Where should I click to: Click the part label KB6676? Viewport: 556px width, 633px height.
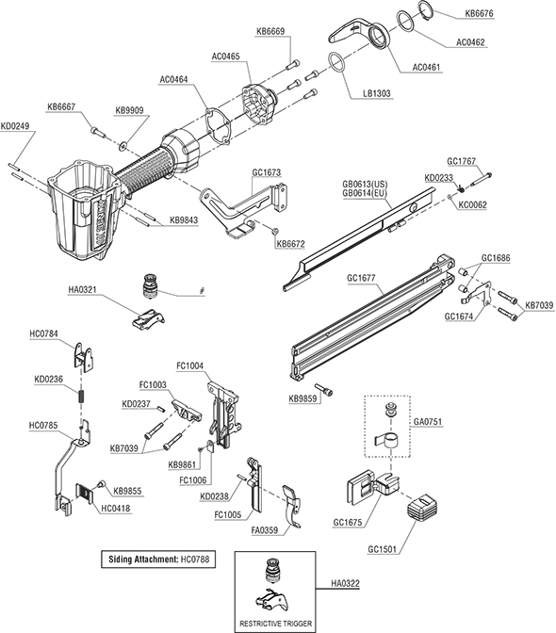coord(479,13)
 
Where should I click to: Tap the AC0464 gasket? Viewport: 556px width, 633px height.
coord(219,125)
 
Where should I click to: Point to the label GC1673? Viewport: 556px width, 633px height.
coord(267,172)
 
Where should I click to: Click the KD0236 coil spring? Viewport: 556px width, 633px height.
coord(81,397)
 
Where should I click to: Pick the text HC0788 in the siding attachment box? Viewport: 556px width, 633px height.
coord(195,560)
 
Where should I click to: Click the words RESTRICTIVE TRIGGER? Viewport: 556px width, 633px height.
coord(275,624)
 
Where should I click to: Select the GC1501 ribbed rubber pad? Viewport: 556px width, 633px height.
coord(422,508)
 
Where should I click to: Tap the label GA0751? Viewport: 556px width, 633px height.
coord(428,422)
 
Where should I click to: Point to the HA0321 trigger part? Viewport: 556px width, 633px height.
coord(148,319)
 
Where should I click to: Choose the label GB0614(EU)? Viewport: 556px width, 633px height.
coord(365,193)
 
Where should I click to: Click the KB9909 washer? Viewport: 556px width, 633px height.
coord(123,144)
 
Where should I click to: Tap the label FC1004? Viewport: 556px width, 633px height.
coord(190,366)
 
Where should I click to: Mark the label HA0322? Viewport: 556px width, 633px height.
coord(345,583)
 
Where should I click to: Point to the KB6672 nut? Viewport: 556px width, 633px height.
coord(274,231)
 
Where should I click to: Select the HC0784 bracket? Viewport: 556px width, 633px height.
coord(84,355)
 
